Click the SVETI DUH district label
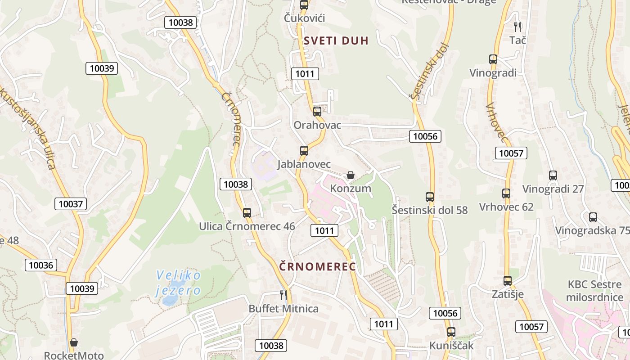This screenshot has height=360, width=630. pyautogui.click(x=336, y=40)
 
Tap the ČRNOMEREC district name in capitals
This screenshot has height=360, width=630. pyautogui.click(x=318, y=266)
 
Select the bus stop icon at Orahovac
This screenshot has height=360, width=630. pyautogui.click(x=317, y=111)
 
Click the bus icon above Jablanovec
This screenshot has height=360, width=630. pyautogui.click(x=304, y=150)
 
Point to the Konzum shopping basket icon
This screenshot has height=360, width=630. pyautogui.click(x=351, y=175)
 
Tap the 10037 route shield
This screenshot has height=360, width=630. pyautogui.click(x=71, y=204)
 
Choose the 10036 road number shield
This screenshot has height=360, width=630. pyautogui.click(x=41, y=265)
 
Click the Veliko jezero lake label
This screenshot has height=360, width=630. pyautogui.click(x=179, y=283)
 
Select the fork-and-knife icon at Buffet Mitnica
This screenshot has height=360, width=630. pyautogui.click(x=283, y=295)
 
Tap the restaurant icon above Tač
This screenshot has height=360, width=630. pyautogui.click(x=517, y=27)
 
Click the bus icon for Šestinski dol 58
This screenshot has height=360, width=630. pyautogui.click(x=430, y=197)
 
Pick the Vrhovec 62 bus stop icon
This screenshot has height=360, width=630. pyautogui.click(x=506, y=193)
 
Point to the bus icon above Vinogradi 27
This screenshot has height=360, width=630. pyautogui.click(x=553, y=175)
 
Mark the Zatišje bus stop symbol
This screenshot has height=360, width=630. pyautogui.click(x=508, y=281)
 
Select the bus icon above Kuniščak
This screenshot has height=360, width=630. pyautogui.click(x=451, y=332)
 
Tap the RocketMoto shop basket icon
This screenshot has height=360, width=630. pyautogui.click(x=74, y=342)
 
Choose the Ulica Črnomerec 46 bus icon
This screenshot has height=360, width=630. pyautogui.click(x=247, y=213)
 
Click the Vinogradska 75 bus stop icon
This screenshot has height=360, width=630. pyautogui.click(x=593, y=217)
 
